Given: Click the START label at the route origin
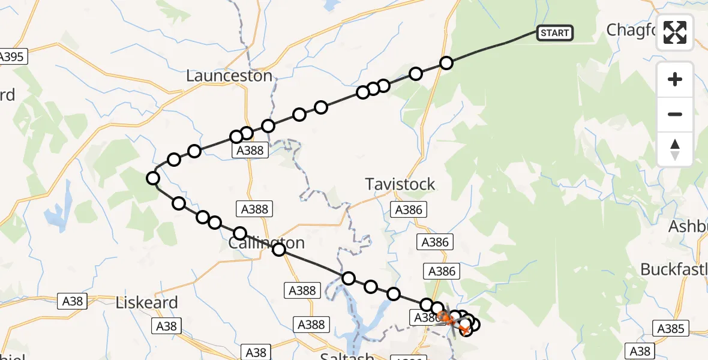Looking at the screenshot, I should (x=554, y=33).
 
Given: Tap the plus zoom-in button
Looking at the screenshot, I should (x=675, y=79).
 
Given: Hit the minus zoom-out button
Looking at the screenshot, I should (x=675, y=114).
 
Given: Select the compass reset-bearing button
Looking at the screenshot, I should (x=675, y=149).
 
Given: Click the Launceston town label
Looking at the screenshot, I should (x=229, y=76).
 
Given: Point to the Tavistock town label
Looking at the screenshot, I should (x=400, y=184).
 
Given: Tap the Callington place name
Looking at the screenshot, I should (x=266, y=243).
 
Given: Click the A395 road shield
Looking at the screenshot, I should (x=11, y=57).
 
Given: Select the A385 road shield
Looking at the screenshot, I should (x=671, y=328).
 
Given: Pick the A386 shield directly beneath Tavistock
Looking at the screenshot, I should (x=410, y=209).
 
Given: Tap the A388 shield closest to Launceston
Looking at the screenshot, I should (x=250, y=150).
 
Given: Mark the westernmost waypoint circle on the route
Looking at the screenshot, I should (x=153, y=178).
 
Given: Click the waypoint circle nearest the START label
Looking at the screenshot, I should (x=446, y=63).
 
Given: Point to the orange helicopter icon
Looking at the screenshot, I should (x=445, y=316).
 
